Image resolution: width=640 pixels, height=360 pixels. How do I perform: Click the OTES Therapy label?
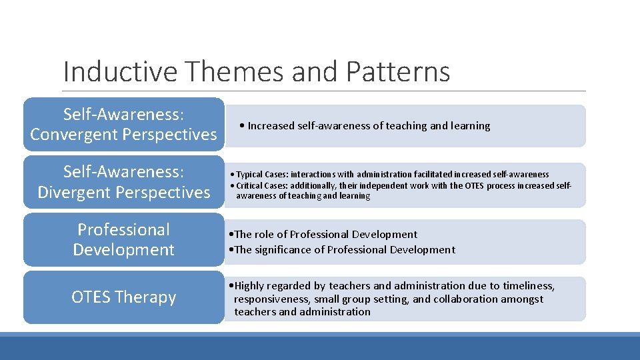[x=123, y=297]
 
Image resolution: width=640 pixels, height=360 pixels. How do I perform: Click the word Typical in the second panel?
[x=250, y=175]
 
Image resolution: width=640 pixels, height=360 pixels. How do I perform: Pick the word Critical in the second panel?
[x=250, y=185]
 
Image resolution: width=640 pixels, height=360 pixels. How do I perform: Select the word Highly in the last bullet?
[x=249, y=286]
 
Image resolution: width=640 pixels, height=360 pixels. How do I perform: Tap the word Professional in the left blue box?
[x=123, y=230]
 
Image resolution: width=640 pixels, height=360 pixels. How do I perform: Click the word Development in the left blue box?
[x=123, y=250]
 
